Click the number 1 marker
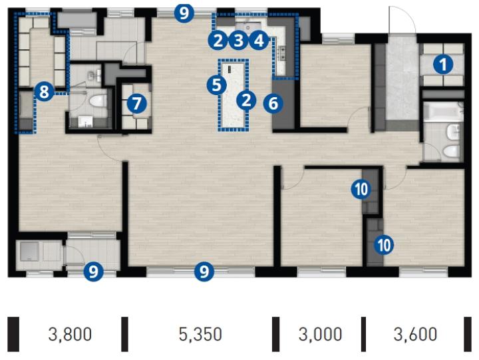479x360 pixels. coord(442,64)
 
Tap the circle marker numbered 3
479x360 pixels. coord(238,41)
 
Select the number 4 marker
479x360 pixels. coord(259,41)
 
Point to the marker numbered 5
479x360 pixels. coord(217,85)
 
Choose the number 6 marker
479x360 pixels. coord(273,103)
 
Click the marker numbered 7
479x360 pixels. coord(136,103)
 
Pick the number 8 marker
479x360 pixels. coord(45,91)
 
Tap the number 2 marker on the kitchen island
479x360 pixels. coord(246,100)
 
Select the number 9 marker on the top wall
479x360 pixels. coord(184,13)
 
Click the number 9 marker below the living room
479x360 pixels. coord(204,271)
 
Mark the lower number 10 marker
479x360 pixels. coord(384,245)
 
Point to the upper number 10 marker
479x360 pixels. coord(361,189)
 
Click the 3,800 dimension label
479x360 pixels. coord(70,334)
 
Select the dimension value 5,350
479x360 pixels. coord(200,334)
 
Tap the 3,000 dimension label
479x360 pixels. coord(320,334)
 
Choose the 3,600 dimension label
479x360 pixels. coord(415,334)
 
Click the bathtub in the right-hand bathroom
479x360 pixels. coord(442,112)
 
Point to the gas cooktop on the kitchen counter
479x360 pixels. coord(281,53)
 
